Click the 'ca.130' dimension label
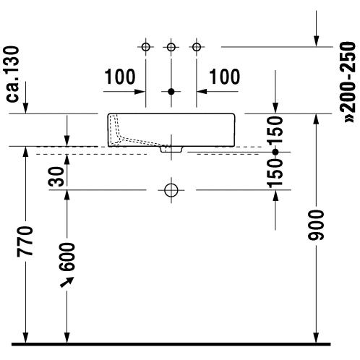[x=11, y=74]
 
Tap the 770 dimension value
[x=25, y=241]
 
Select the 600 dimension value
[x=67, y=257]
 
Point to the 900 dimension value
[x=316, y=226]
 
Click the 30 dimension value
[x=56, y=176]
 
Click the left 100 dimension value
[x=120, y=77]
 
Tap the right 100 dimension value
[x=225, y=77]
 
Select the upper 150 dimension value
[x=275, y=130]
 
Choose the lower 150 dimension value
[x=275, y=173]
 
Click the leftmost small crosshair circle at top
[x=146, y=47]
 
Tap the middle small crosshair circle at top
[x=171, y=47]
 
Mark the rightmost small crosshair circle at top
[x=197, y=47]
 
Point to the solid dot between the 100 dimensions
[x=171, y=92]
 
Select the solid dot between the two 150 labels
[x=275, y=152]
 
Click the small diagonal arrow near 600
[x=67, y=282]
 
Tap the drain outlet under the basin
[x=171, y=149]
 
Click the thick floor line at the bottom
[x=171, y=344]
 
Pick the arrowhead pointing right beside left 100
[x=140, y=92]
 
